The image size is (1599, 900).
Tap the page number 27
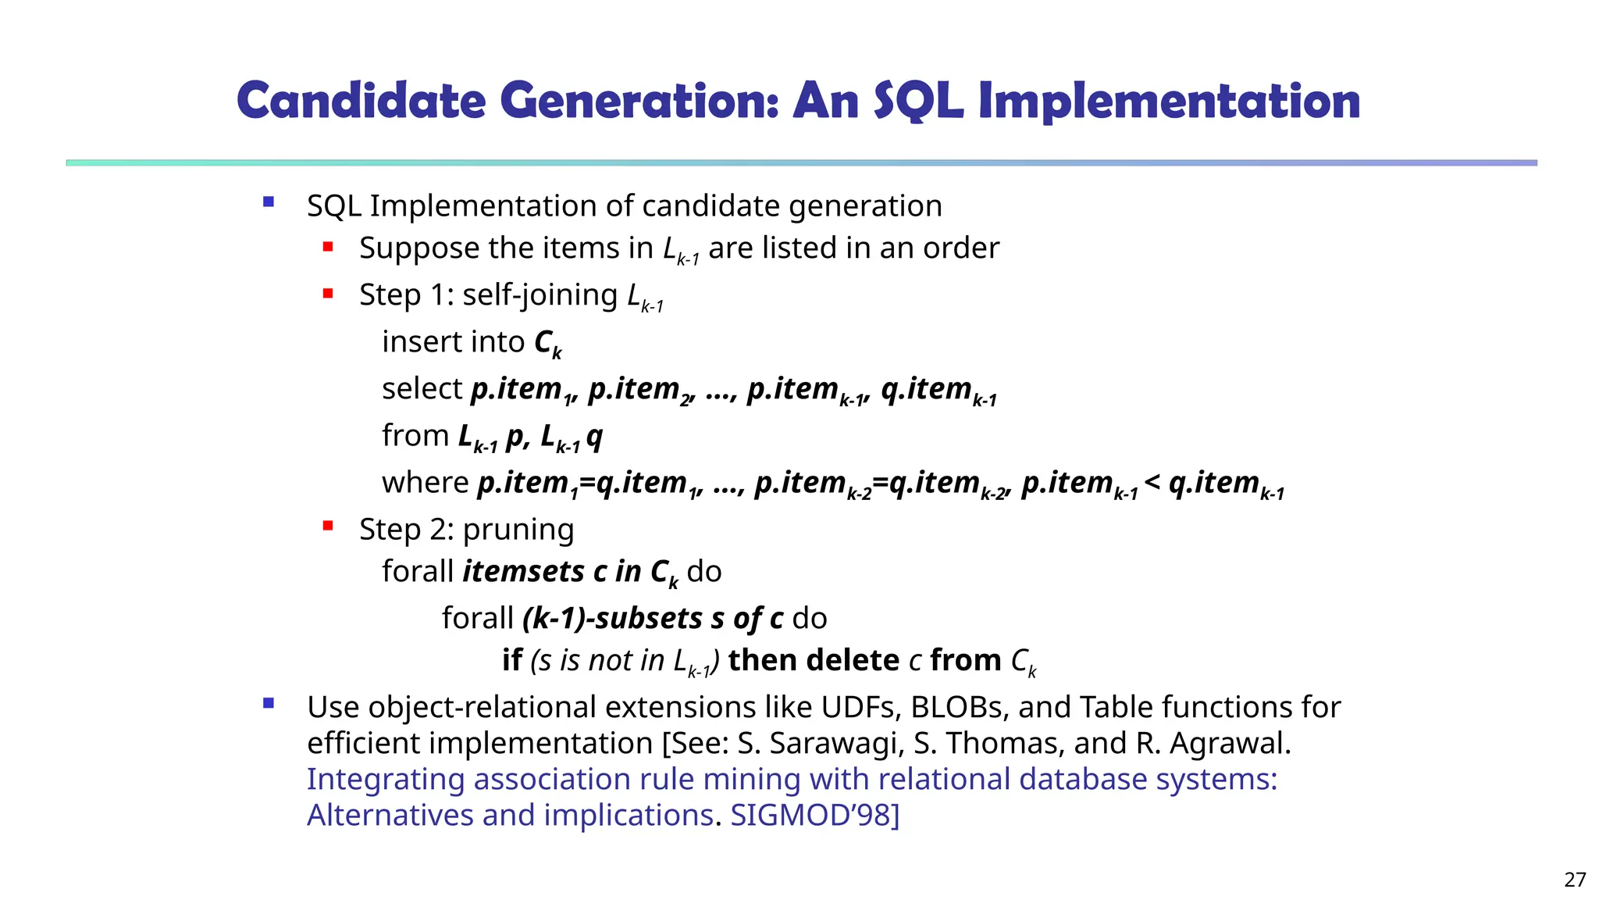[x=1575, y=880]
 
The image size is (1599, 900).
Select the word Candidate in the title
[x=361, y=102]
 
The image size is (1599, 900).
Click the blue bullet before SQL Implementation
[x=269, y=202]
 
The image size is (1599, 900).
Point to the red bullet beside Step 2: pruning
[x=328, y=526]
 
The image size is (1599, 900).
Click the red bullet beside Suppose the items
[x=328, y=247]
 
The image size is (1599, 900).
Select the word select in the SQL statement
[x=422, y=388]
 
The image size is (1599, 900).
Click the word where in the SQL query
[x=425, y=482]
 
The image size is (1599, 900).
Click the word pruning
[x=518, y=530]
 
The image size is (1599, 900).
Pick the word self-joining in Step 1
[x=540, y=295]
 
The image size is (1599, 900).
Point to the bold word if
[x=511, y=660]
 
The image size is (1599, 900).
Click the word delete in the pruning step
[x=853, y=660]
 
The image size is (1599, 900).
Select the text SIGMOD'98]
[x=814, y=815]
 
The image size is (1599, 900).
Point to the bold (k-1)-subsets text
[x=612, y=618]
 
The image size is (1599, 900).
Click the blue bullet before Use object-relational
[x=269, y=703]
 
